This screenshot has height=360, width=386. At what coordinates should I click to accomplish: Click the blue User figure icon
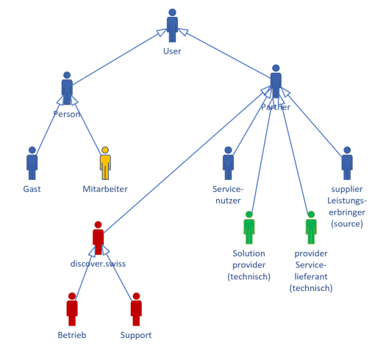[172, 25]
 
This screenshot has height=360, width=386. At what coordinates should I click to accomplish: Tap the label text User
[172, 51]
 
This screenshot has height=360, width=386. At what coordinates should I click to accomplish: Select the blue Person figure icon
[67, 88]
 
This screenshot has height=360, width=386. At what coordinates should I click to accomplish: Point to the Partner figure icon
[276, 82]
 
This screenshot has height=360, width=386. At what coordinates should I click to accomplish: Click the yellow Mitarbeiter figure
[105, 163]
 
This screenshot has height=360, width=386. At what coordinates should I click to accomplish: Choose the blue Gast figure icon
[32, 163]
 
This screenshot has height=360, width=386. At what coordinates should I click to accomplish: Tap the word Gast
[32, 189]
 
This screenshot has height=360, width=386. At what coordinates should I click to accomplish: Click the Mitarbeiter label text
[105, 189]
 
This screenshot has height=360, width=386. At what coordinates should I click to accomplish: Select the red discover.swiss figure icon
[98, 238]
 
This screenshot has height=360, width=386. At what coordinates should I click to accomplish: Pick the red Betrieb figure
[72, 309]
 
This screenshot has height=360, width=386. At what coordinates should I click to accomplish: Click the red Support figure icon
[136, 309]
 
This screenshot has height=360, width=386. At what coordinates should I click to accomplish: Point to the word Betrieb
[72, 335]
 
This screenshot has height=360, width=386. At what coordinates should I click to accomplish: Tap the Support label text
[136, 336]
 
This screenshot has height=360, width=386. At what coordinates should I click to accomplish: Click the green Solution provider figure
[249, 227]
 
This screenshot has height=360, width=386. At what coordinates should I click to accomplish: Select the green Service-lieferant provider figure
[311, 227]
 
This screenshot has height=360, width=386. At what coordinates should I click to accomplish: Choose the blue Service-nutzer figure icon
[228, 163]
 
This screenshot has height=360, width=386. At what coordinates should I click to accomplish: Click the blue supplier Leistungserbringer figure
[347, 163]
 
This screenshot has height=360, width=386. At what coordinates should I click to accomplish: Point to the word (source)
[347, 224]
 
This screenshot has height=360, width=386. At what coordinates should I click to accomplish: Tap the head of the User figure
[172, 12]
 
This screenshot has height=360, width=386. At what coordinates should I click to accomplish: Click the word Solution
[249, 253]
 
